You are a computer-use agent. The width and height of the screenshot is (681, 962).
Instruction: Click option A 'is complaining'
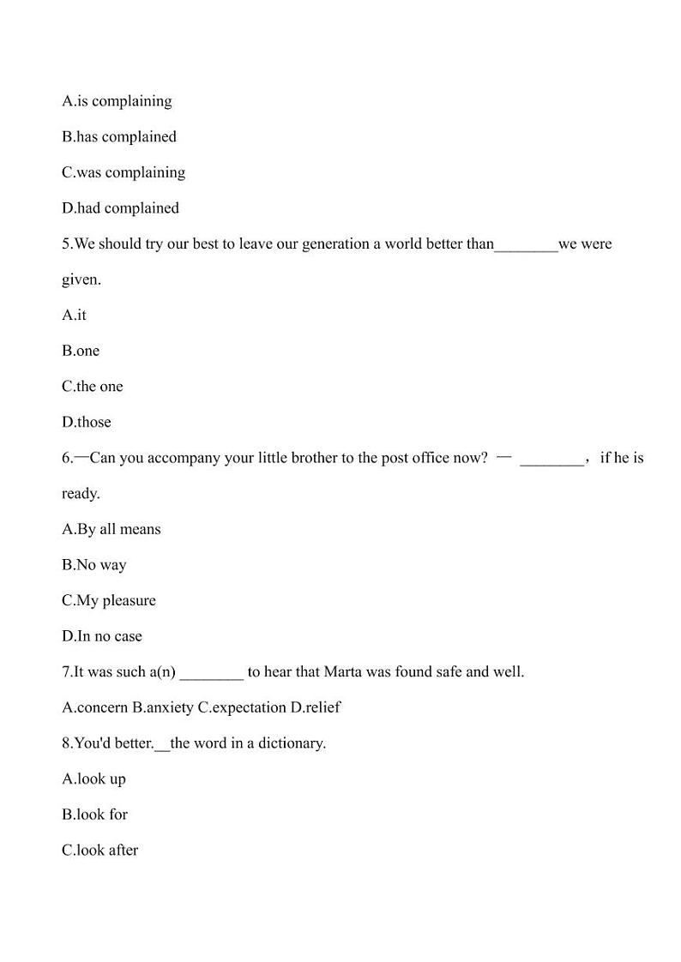click(117, 101)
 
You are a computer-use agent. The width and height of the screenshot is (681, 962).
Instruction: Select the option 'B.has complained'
click(119, 137)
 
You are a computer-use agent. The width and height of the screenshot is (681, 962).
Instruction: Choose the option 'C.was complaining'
click(124, 172)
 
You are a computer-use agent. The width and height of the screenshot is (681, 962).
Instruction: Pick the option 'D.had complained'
click(120, 208)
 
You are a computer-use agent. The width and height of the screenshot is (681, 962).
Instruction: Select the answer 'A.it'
click(74, 316)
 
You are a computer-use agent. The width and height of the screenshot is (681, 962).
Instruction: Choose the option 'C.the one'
click(92, 387)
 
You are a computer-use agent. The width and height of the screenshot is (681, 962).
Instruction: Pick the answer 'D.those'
click(86, 423)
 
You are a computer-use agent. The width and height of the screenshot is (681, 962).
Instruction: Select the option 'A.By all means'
click(111, 530)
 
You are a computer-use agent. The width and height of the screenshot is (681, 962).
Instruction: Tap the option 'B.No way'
click(93, 565)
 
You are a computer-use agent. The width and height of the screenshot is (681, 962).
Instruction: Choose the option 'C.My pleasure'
click(109, 601)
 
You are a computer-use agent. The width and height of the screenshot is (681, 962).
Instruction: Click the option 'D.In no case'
click(102, 636)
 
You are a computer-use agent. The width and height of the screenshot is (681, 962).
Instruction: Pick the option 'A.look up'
click(93, 779)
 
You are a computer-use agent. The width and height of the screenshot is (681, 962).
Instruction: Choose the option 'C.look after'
click(99, 851)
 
